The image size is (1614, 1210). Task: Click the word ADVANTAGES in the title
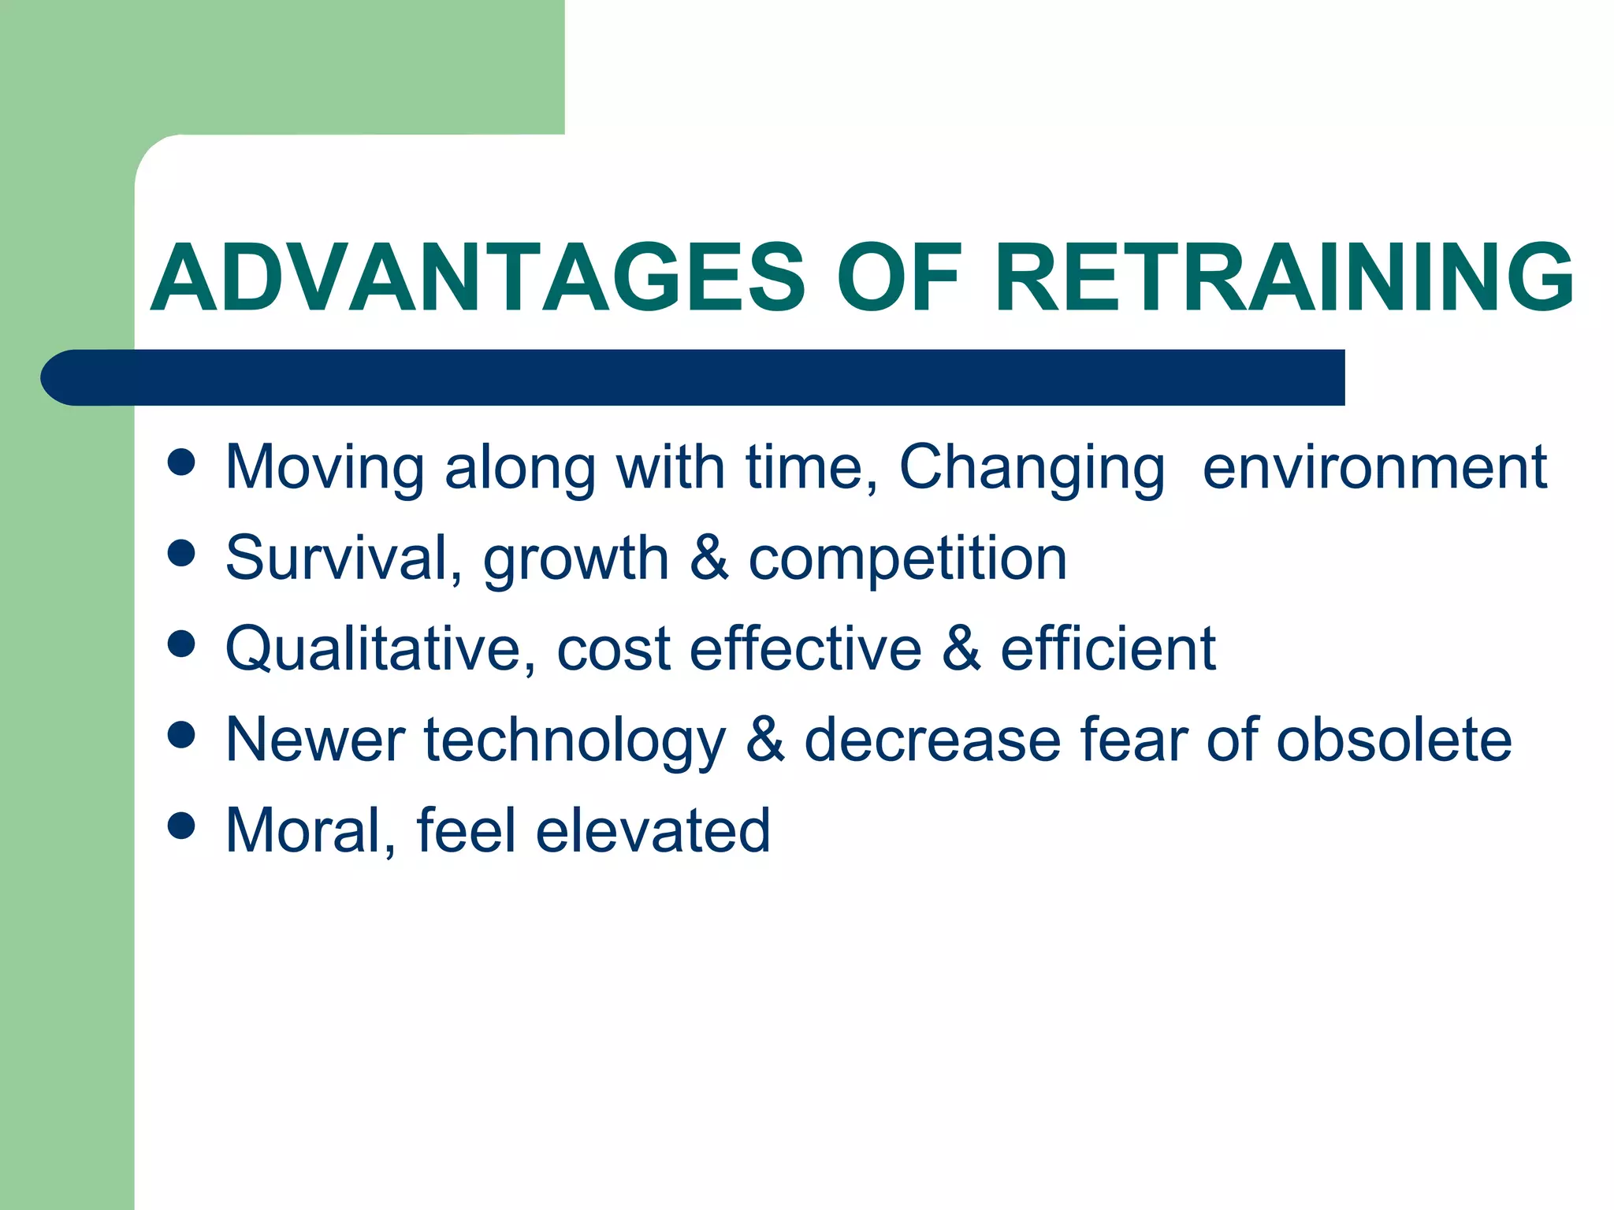click(478, 277)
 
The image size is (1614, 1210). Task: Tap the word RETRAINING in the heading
click(1284, 277)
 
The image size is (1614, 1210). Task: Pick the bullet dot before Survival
click(181, 553)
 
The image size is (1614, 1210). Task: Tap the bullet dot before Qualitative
click(181, 644)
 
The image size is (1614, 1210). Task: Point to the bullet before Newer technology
click(181, 735)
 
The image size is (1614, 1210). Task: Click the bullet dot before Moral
click(181, 826)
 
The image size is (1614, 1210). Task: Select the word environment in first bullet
click(1374, 468)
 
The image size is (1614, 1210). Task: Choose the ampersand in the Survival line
click(708, 558)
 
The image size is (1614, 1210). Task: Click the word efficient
click(1108, 648)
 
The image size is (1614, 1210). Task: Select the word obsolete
click(1393, 739)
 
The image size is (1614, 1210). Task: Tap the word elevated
click(653, 830)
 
